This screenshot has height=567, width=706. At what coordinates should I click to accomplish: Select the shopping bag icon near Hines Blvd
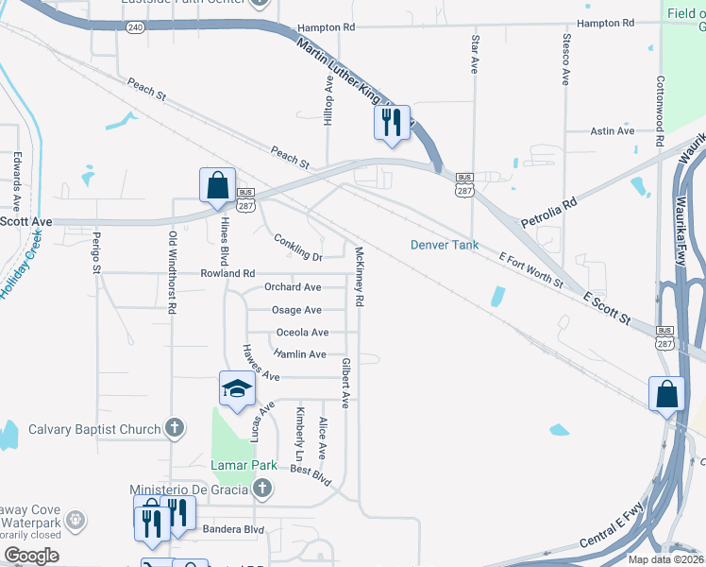(217, 185)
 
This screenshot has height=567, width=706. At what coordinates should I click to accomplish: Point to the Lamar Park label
(244, 465)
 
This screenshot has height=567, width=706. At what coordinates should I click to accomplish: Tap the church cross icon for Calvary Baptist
(173, 429)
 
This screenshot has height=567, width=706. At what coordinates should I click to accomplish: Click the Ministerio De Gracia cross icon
(263, 489)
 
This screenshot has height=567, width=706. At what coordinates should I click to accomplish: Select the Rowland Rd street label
(227, 273)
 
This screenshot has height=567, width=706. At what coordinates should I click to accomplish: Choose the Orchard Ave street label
(293, 287)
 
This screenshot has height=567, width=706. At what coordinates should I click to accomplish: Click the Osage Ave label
(296, 310)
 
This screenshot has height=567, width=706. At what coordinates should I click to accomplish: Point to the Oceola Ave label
(302, 333)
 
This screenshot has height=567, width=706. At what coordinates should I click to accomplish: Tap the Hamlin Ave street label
(299, 354)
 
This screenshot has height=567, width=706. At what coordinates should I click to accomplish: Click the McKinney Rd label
(359, 276)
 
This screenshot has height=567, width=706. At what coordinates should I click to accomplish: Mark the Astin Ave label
(613, 131)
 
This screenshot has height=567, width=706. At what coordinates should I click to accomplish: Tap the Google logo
(31, 556)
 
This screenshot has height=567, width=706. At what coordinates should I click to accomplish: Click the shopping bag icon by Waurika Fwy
(666, 395)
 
